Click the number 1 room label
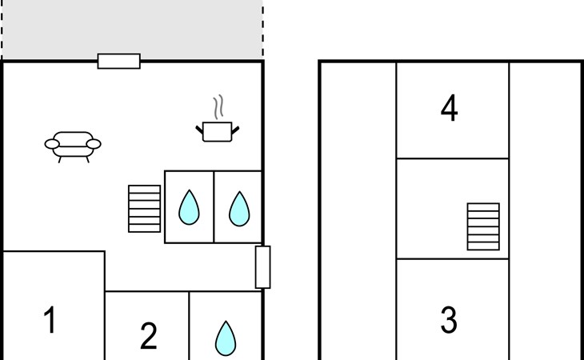click(50, 319)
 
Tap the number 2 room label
click(148, 336)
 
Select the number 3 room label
click(449, 319)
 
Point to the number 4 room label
click(449, 107)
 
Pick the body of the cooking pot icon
click(217, 132)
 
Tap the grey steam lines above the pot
click(218, 107)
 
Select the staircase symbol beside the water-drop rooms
click(145, 209)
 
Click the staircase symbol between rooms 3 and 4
click(483, 226)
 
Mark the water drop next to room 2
click(226, 338)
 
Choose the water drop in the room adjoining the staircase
click(189, 208)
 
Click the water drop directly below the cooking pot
click(239, 210)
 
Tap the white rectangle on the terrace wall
click(119, 61)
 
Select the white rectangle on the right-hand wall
click(263, 267)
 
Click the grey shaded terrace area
click(133, 28)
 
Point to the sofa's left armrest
click(52, 144)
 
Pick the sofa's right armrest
click(94, 144)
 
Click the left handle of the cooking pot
click(199, 130)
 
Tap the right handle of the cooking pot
click(235, 130)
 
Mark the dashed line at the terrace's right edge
click(263, 29)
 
